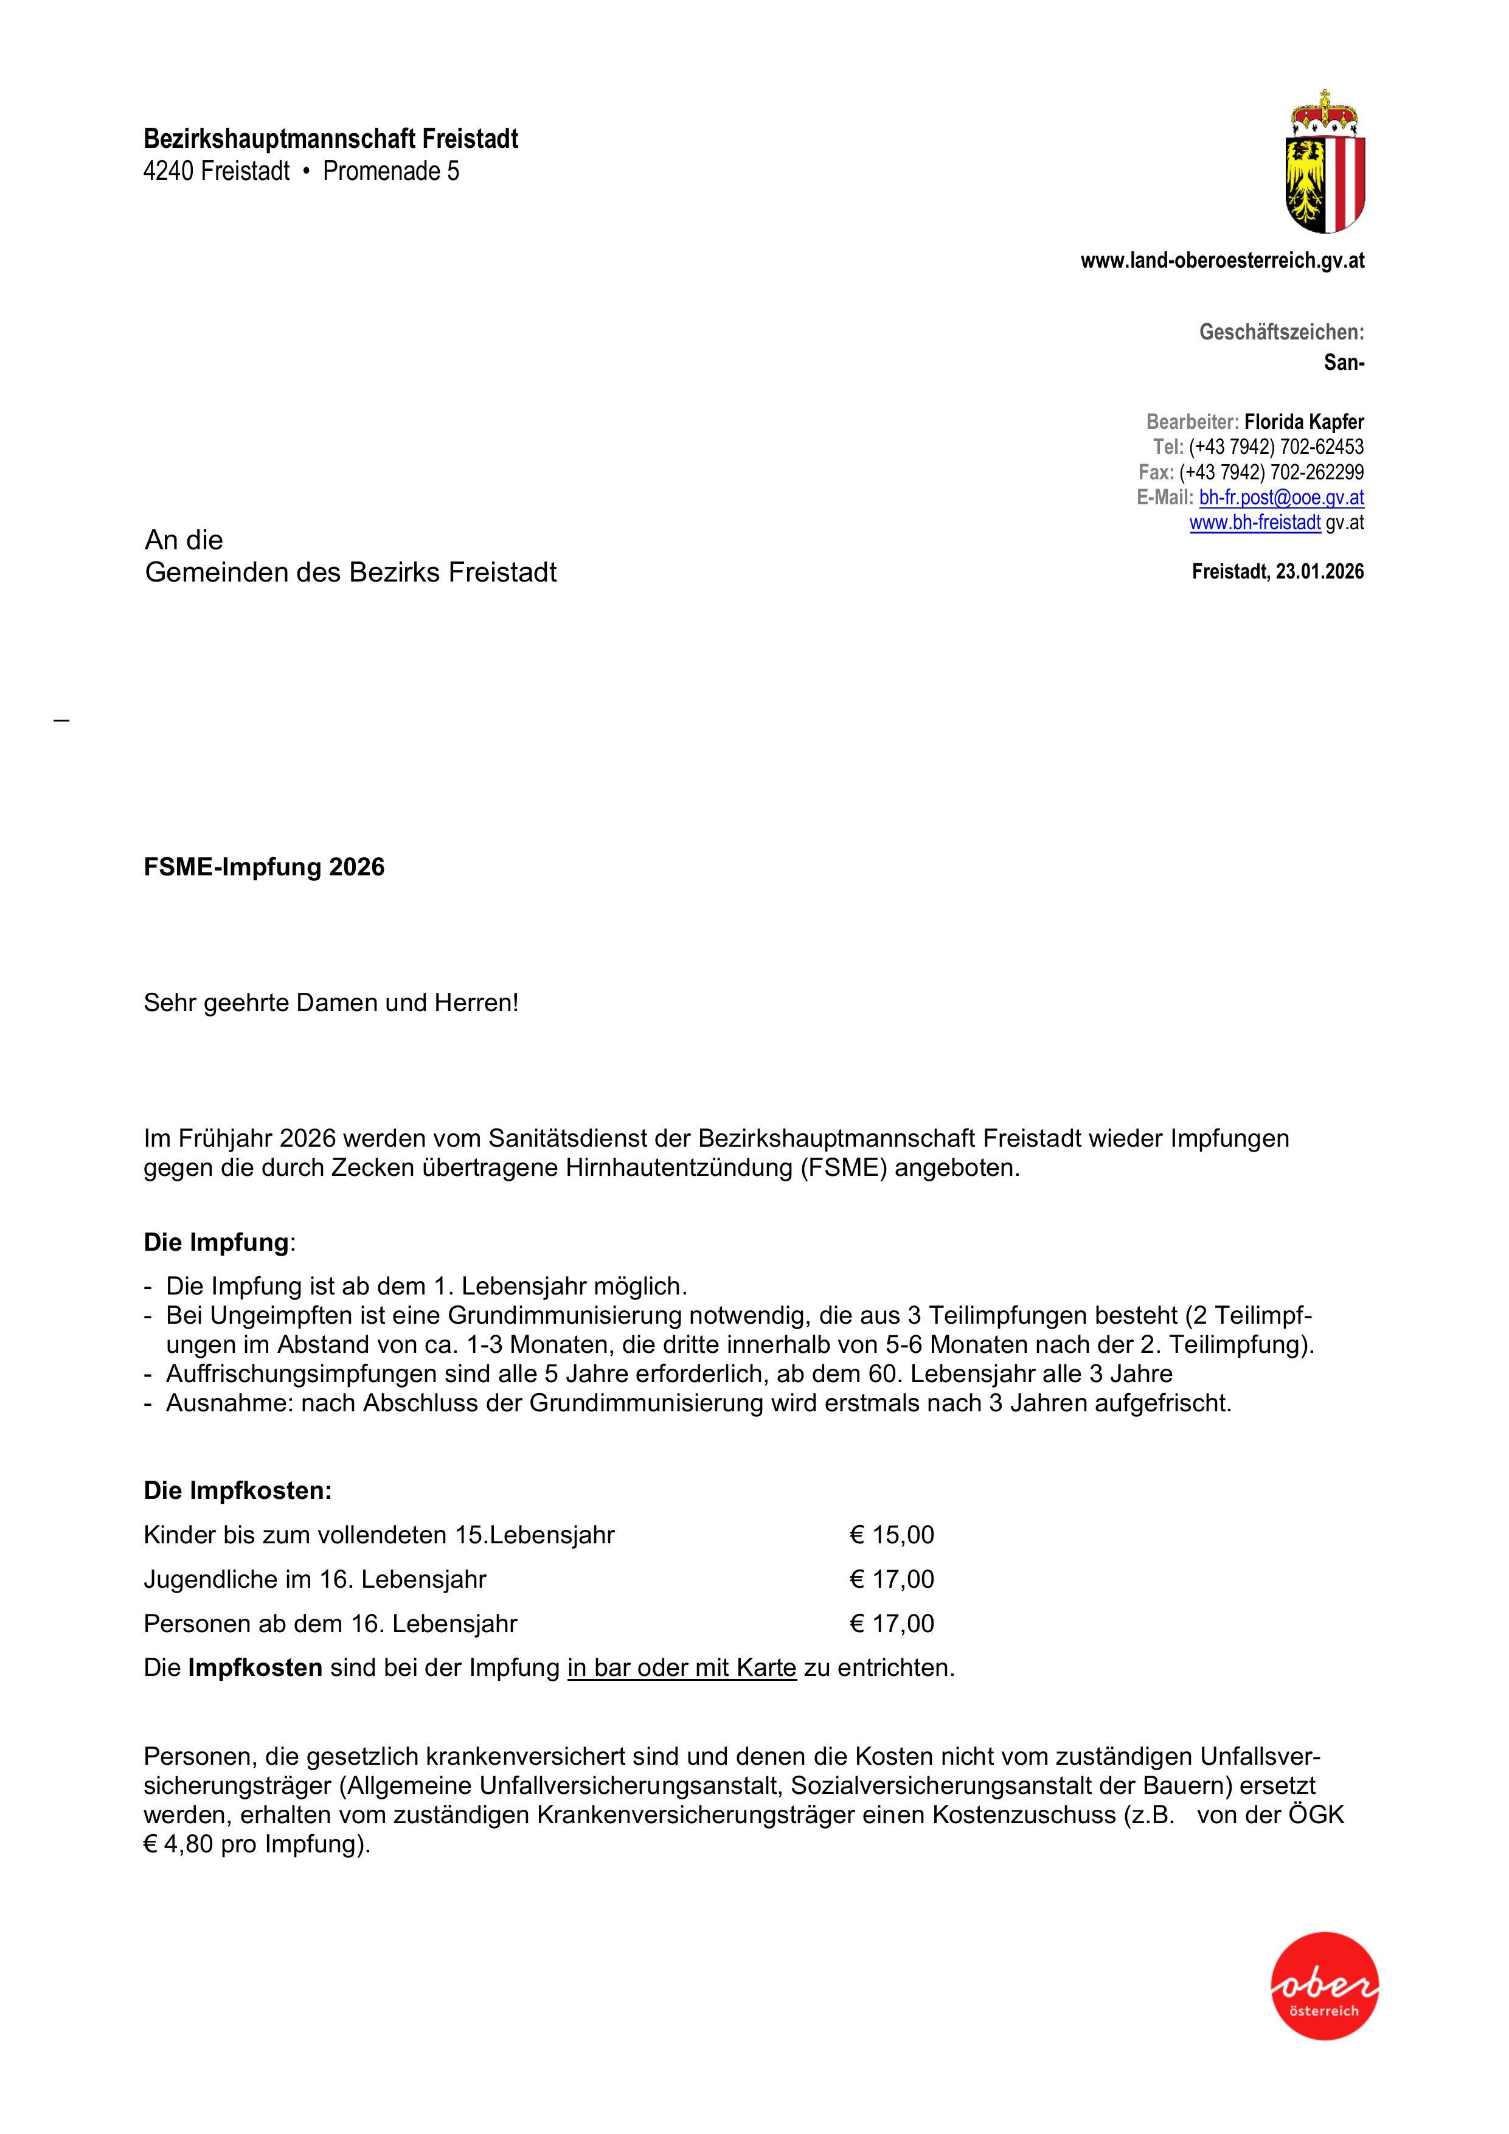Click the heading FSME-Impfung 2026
264,867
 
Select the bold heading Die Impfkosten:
237,1491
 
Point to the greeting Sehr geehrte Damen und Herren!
331,1003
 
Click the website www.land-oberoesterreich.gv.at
1222,261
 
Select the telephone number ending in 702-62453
1276,447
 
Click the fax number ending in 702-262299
1271,472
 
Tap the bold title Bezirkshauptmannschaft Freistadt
331,139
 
